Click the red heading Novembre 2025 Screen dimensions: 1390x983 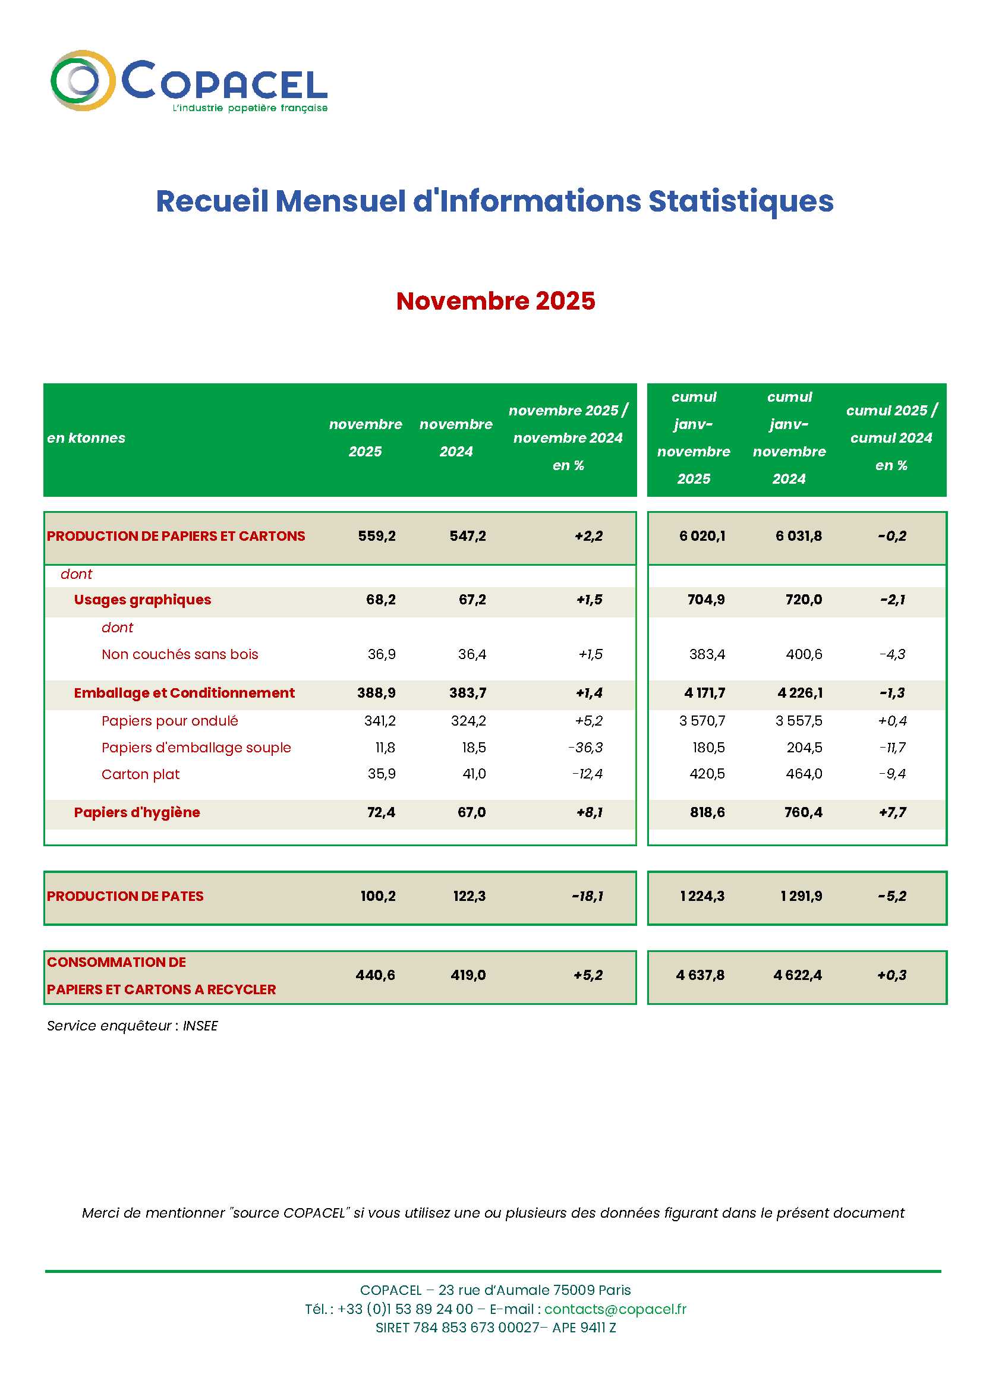point(495,301)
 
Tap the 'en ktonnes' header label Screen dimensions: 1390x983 point(86,438)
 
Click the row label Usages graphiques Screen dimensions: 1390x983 point(142,600)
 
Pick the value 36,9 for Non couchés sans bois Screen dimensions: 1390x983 point(382,654)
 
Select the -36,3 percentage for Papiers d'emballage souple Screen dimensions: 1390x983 point(586,748)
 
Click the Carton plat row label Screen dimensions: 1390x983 point(140,774)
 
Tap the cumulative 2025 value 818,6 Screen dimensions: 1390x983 point(707,812)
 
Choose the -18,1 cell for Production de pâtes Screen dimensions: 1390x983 point(587,896)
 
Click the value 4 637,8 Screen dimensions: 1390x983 point(700,975)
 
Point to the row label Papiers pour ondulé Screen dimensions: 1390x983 point(169,721)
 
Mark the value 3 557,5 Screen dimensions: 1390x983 point(798,721)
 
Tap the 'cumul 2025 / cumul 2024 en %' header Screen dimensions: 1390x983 point(891,438)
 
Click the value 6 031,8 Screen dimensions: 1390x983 point(798,536)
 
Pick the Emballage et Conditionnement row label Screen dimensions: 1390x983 point(184,693)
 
